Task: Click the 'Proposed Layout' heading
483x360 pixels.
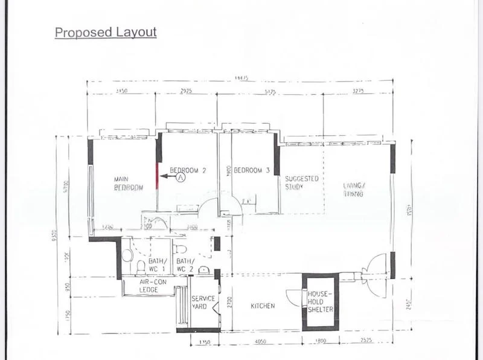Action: coord(106,33)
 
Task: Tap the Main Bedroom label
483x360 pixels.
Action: coord(129,184)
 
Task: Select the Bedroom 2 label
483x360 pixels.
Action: coord(188,170)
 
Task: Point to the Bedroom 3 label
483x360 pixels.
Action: coord(251,170)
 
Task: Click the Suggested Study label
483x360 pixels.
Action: coord(301,183)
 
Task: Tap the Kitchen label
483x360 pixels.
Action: coord(263,306)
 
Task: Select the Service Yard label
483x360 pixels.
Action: coord(203,303)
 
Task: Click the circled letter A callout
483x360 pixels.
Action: coord(181,178)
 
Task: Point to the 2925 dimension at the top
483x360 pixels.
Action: coord(186,91)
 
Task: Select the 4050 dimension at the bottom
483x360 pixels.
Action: coord(261,341)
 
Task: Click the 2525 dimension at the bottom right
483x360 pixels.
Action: coord(366,341)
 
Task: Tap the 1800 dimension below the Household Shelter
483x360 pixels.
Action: coord(320,341)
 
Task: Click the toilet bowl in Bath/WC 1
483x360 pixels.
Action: coord(141,266)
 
